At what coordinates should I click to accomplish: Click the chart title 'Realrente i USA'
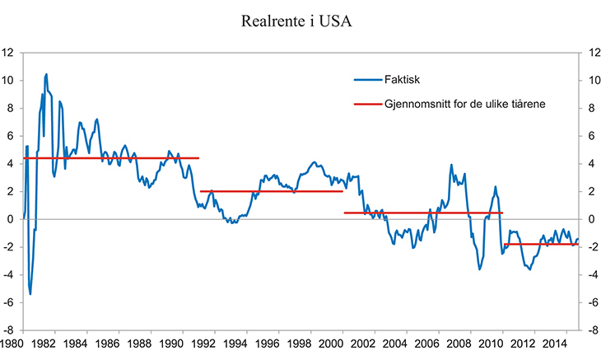coord(300,21)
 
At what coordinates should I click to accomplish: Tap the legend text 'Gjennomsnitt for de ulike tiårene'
coord(466,105)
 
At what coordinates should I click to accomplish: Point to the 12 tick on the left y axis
coord(8,53)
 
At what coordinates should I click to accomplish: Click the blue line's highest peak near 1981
coord(46,75)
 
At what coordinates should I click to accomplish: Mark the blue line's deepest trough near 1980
coord(30,293)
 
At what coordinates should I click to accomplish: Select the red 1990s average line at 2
coord(271,191)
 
